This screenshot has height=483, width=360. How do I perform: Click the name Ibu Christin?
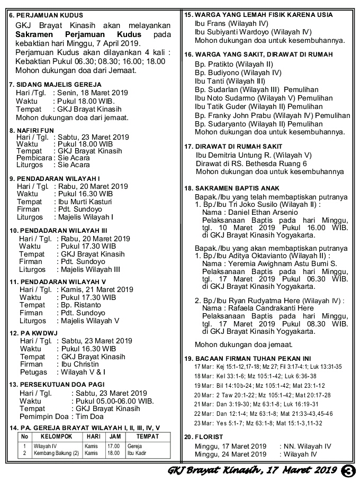tap(80, 364)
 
